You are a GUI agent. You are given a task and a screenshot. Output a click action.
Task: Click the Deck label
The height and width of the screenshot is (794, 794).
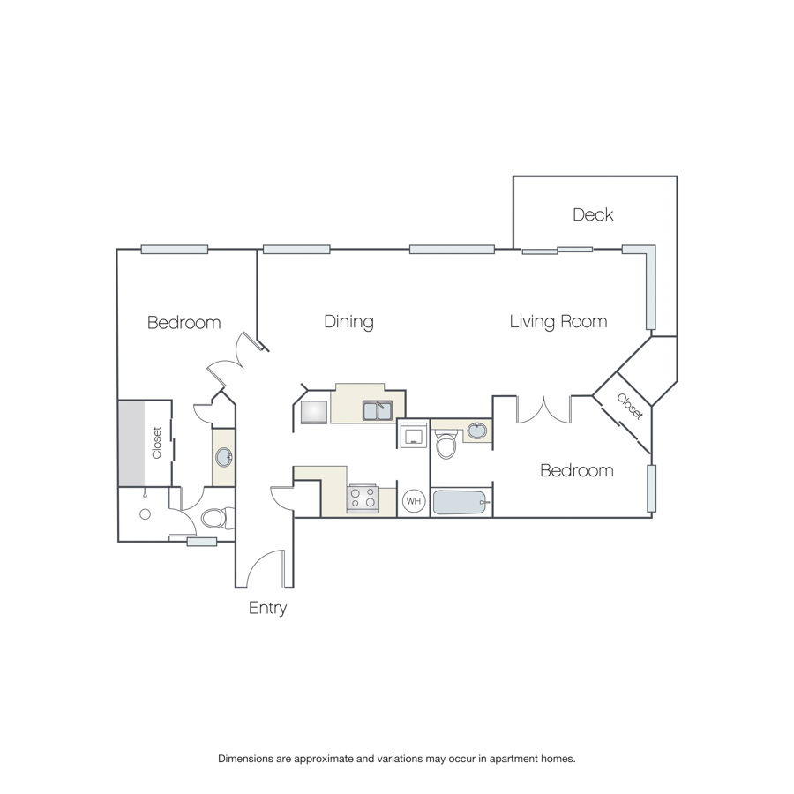tap(593, 214)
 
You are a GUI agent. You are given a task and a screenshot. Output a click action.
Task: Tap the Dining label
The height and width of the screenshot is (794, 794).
tap(348, 321)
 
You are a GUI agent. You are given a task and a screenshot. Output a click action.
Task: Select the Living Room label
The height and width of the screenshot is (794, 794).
tap(558, 321)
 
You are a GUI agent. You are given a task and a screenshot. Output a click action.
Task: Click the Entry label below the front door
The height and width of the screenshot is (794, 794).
tap(268, 608)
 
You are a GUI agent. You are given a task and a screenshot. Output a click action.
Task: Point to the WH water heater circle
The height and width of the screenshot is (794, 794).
tap(414, 501)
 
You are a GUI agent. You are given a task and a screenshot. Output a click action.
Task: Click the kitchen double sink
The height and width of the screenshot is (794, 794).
tap(378, 410)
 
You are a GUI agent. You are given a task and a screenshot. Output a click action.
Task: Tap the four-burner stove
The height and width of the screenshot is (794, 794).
tap(363, 498)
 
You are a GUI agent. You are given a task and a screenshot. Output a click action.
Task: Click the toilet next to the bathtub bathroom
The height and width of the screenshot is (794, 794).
tap(446, 444)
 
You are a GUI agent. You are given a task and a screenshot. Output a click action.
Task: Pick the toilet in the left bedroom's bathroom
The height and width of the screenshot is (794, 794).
tap(218, 519)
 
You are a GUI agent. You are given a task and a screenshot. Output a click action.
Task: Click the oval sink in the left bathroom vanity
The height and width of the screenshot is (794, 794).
tap(224, 457)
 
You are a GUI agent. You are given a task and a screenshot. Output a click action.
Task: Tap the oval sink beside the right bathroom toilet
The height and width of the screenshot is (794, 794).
tap(477, 431)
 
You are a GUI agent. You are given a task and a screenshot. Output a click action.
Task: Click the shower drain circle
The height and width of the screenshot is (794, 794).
tap(146, 514)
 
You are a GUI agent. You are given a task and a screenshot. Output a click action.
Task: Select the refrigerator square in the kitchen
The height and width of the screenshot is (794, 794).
tap(314, 412)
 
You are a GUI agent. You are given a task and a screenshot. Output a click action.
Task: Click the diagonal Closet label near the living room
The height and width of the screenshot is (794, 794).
tap(630, 407)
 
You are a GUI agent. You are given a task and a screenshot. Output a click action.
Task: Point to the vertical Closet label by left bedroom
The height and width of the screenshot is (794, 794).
tap(156, 443)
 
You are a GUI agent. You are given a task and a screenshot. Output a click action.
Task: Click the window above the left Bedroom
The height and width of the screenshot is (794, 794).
tap(175, 249)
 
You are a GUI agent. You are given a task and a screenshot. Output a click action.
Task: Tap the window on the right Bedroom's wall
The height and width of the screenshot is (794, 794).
tap(652, 488)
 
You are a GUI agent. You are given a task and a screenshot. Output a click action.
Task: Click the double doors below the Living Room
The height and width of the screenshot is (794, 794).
tap(543, 409)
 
